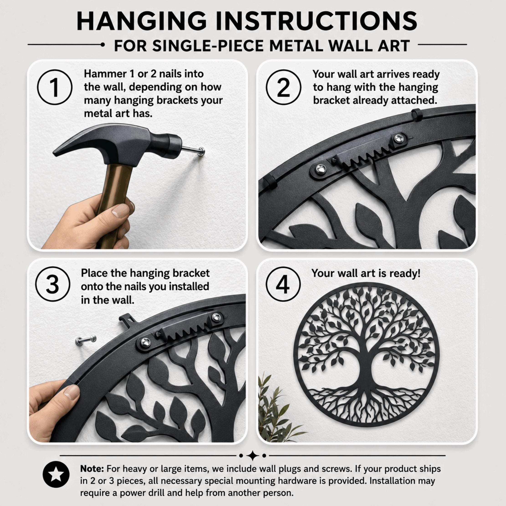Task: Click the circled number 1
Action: (x=55, y=87)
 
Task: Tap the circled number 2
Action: (x=283, y=87)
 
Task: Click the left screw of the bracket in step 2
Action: (x=319, y=169)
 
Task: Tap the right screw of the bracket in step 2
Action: (x=399, y=138)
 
